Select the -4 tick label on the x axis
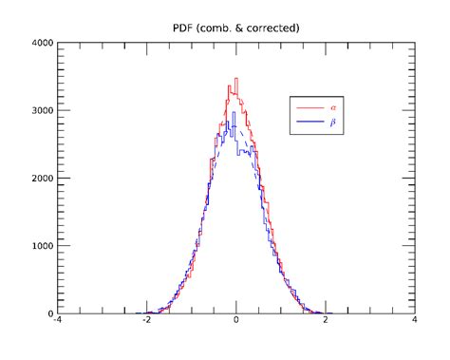click(57, 323)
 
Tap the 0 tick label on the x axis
click(236, 323)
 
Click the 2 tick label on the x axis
click(326, 323)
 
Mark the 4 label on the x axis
click(415, 323)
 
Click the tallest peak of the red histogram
click(235, 79)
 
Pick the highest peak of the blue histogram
click(233, 113)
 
